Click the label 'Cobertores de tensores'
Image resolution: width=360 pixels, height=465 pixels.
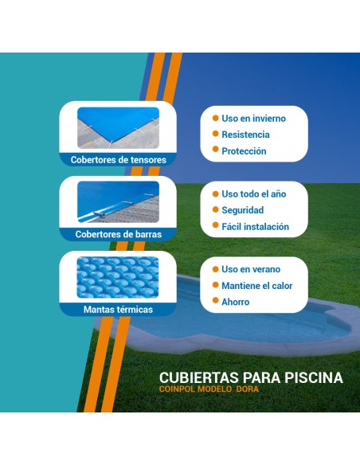click(118, 160)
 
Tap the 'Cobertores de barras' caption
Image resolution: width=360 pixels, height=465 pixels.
click(118, 235)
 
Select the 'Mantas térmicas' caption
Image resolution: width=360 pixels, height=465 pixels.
click(118, 309)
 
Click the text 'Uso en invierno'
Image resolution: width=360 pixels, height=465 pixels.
click(253, 119)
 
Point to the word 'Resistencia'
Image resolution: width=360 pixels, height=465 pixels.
click(245, 135)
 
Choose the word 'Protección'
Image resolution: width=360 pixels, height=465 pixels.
click(244, 151)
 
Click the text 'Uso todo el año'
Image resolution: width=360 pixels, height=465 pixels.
click(253, 194)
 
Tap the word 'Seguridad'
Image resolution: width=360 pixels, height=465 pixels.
click(242, 210)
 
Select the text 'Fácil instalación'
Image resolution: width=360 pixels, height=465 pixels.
click(255, 227)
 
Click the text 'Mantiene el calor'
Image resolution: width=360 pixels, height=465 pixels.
click(256, 286)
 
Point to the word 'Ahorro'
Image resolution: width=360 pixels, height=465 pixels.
click(235, 302)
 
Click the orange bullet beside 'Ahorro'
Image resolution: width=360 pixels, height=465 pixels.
click(214, 302)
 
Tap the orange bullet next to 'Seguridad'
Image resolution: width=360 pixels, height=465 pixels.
click(214, 210)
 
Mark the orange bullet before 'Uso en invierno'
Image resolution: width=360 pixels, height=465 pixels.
click(214, 119)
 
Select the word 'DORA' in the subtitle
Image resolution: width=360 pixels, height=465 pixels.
click(248, 389)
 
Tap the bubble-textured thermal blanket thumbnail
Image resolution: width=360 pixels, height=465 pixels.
click(118, 278)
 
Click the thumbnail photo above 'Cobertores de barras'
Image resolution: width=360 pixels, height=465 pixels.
click(118, 203)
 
